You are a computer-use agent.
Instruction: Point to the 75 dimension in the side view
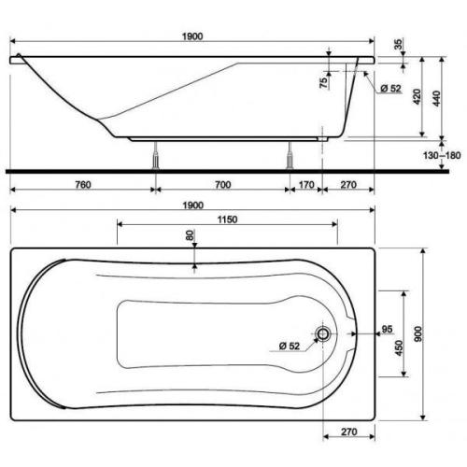click(325, 81)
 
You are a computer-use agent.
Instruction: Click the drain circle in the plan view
click(324, 334)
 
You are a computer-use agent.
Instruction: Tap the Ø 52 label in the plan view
click(289, 347)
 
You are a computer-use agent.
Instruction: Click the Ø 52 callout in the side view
click(389, 88)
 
